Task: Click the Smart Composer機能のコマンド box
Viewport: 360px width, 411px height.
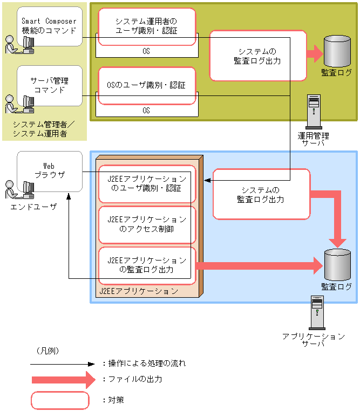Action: [50, 26]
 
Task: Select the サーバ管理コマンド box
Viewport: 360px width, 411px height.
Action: [50, 85]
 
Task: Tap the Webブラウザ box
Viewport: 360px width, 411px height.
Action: [50, 170]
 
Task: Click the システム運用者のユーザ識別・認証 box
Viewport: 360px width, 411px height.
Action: [146, 26]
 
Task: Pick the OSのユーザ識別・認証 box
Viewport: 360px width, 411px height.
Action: [146, 85]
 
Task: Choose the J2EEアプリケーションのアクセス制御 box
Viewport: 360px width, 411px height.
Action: [147, 224]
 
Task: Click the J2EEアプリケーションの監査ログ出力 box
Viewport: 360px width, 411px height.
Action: [147, 265]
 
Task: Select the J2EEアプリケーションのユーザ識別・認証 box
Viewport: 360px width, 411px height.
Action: [147, 183]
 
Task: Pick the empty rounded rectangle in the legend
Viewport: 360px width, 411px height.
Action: [60, 400]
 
